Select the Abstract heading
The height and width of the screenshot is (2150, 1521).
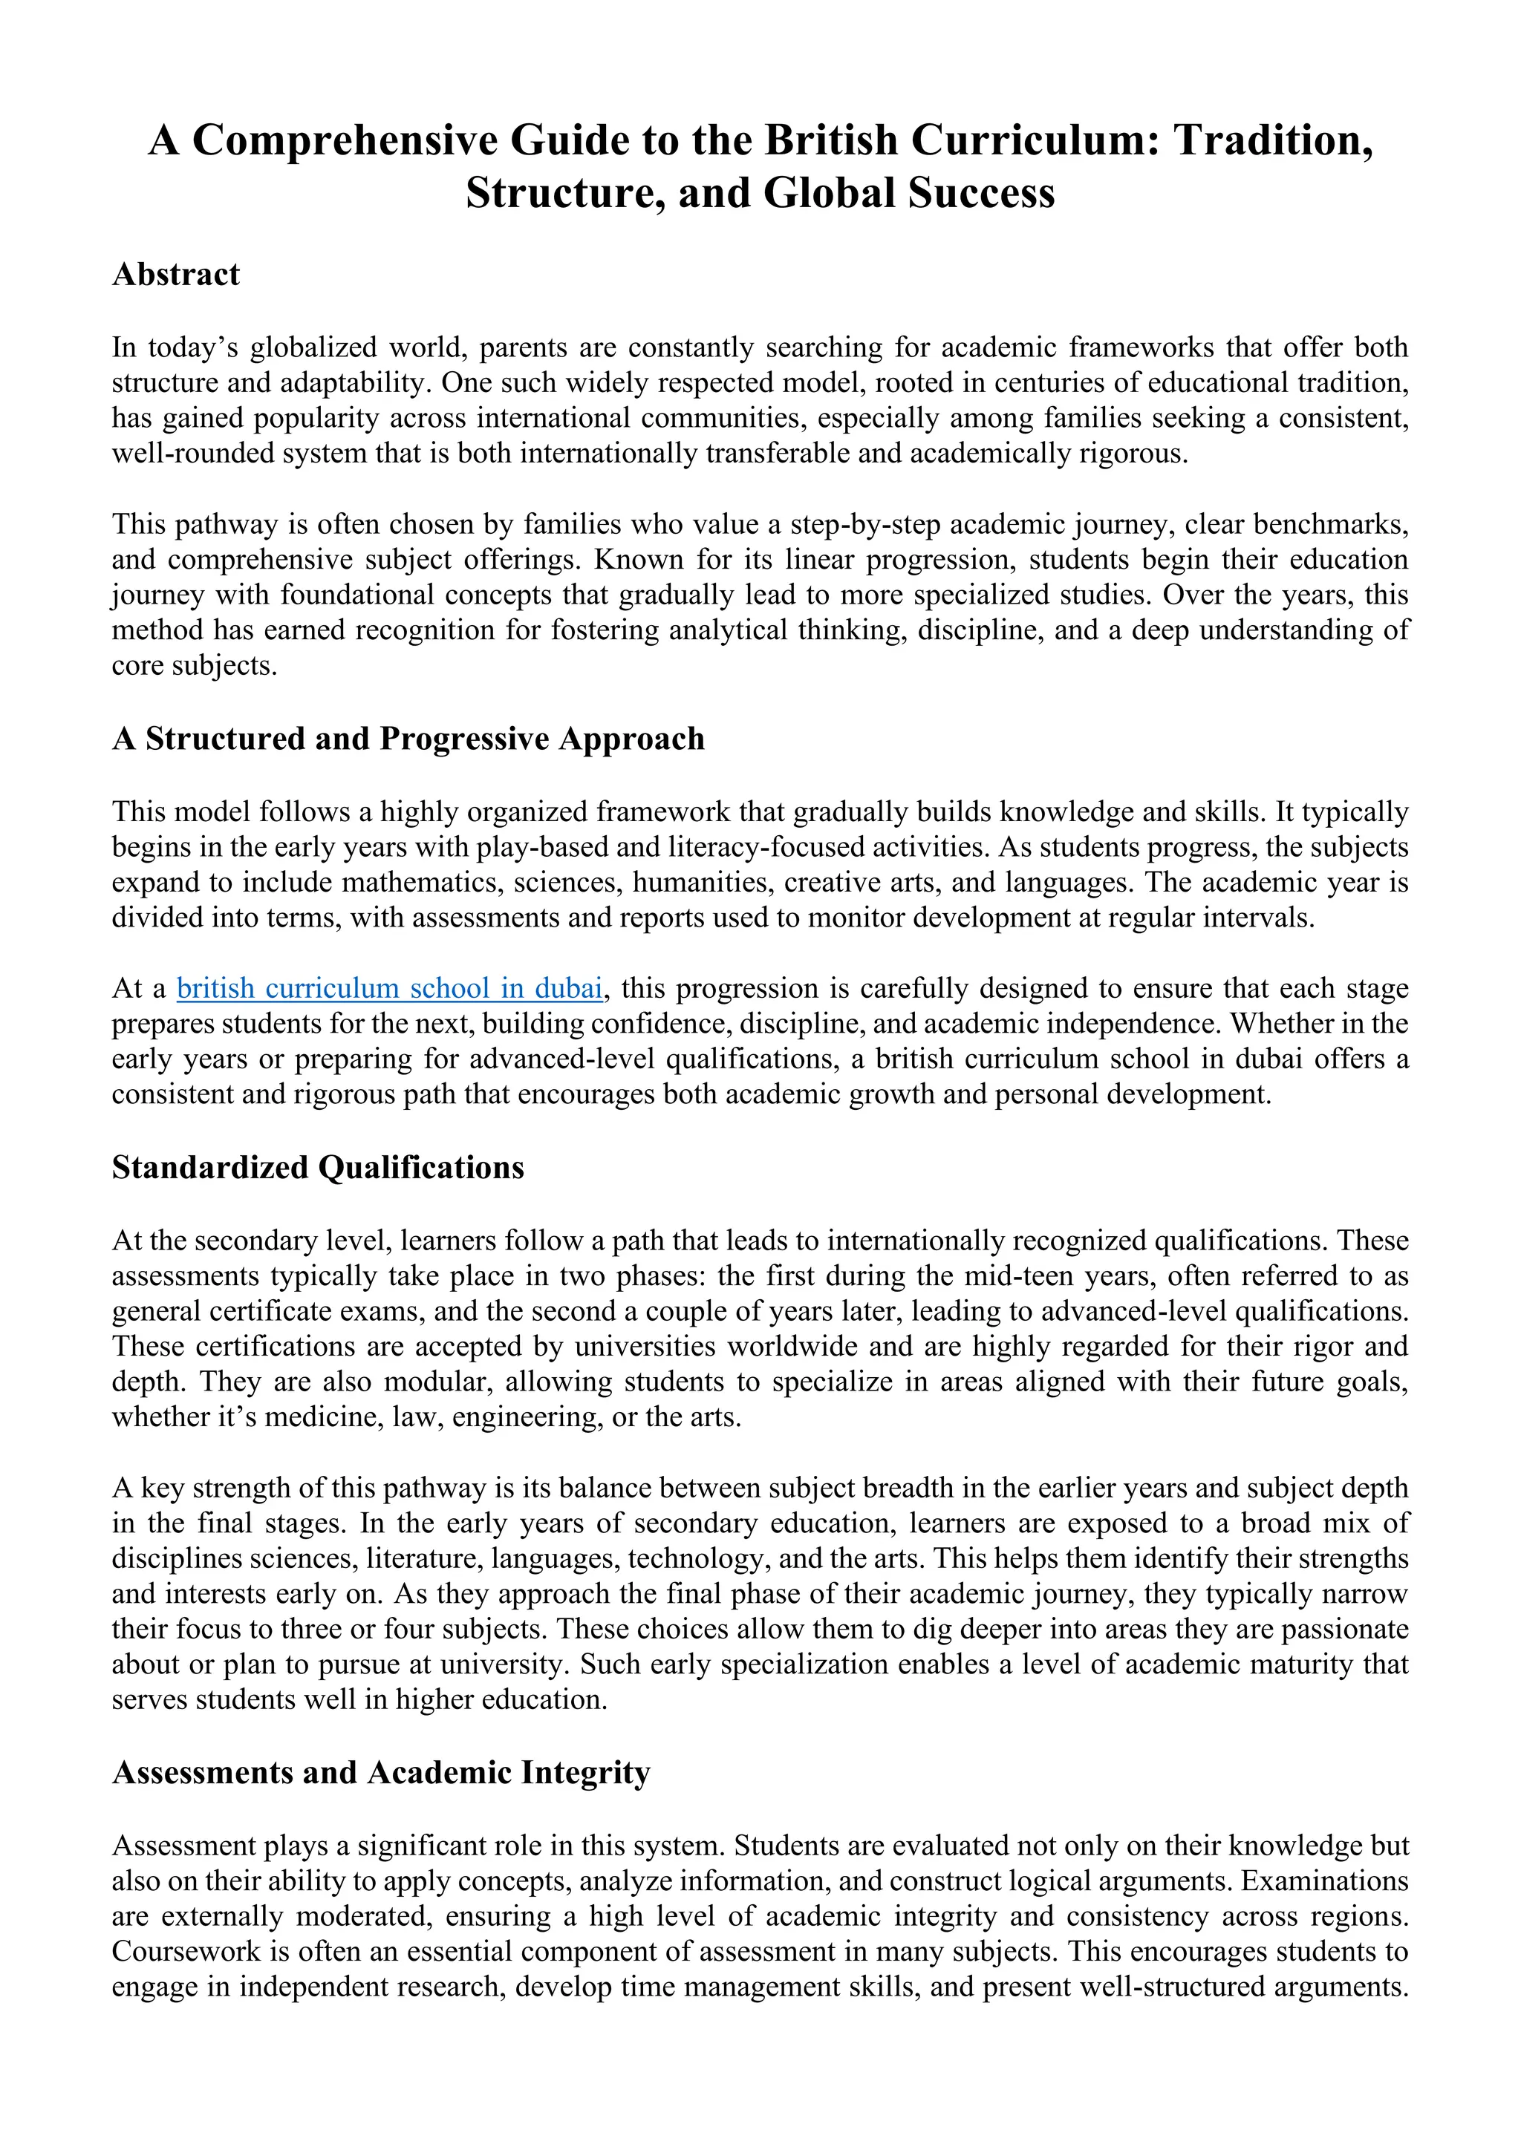tap(176, 275)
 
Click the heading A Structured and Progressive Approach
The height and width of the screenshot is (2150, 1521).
tap(408, 739)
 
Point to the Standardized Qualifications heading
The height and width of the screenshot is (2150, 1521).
tap(319, 1168)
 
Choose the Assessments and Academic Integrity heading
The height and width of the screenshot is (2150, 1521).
tap(381, 1773)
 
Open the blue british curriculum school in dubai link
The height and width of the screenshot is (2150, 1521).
tap(388, 989)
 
